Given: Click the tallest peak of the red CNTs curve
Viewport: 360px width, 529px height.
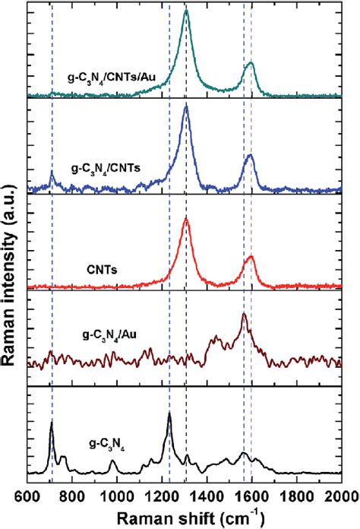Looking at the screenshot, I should pyautogui.click(x=187, y=220).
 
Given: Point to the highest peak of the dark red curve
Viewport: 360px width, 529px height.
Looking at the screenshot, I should pyautogui.click(x=244, y=313).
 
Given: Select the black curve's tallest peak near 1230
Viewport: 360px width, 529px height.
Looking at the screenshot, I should pyautogui.click(x=169, y=413).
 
